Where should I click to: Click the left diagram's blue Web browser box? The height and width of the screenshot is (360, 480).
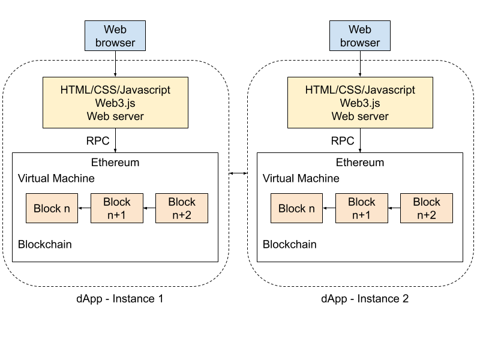pos(115,35)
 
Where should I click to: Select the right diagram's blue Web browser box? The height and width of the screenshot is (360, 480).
pos(360,35)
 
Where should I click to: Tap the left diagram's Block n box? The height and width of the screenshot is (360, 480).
pos(52,208)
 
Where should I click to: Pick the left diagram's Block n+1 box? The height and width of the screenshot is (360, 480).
pos(117,208)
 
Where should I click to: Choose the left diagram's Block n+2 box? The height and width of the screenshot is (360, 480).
pos(182,208)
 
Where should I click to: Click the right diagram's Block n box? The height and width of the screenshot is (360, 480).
pos(296,208)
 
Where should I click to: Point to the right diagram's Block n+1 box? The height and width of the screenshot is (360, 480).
pos(362,208)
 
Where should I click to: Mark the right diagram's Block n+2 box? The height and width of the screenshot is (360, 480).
pos(427,208)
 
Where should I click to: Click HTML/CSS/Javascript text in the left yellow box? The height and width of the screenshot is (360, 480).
pos(115,90)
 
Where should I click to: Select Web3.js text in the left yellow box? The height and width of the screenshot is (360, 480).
pos(115,103)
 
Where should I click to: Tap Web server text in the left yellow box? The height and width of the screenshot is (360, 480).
pos(115,116)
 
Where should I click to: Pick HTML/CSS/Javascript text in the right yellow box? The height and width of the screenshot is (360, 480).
pos(360,90)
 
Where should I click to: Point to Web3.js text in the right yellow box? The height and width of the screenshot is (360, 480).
pos(360,103)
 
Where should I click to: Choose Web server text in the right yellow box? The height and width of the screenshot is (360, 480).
pos(360,116)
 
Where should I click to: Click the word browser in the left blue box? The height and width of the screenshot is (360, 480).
pos(115,43)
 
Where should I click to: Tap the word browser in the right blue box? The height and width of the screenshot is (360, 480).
pos(360,43)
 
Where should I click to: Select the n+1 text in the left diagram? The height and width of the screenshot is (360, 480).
pos(117,215)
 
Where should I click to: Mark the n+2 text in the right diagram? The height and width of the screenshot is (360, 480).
pos(427,215)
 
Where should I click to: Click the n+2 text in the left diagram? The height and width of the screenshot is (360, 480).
pos(182,215)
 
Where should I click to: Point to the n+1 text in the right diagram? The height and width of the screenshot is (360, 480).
pos(362,215)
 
